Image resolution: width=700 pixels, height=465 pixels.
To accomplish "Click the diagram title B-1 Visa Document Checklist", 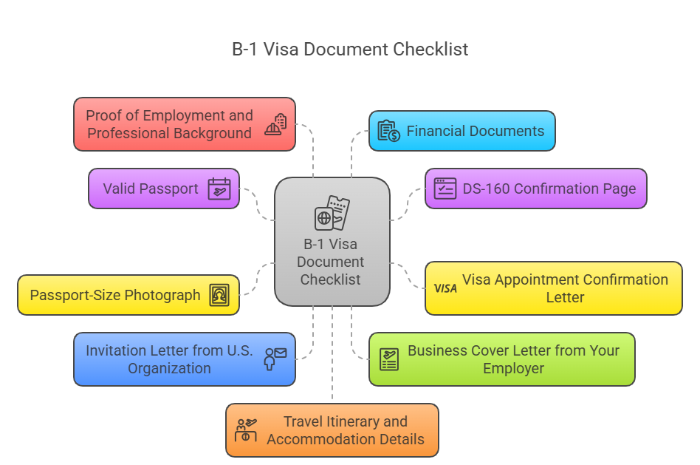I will coord(350,50).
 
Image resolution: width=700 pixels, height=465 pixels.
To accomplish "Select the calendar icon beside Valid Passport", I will coord(219,189).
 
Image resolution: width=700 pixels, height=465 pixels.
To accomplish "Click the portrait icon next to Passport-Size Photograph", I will coord(219,295).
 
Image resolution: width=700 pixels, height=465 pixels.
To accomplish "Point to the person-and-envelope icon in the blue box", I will coord(275,359).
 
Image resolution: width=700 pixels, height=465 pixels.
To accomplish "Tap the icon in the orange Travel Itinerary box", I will coord(245,430).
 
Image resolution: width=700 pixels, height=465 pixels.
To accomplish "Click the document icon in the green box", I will coord(389,359).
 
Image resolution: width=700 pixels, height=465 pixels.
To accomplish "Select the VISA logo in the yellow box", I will coord(445,288).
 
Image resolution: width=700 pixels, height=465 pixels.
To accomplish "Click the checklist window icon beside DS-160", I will coord(445,189).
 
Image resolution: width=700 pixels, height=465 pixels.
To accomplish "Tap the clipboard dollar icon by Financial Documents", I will coord(388,131).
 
